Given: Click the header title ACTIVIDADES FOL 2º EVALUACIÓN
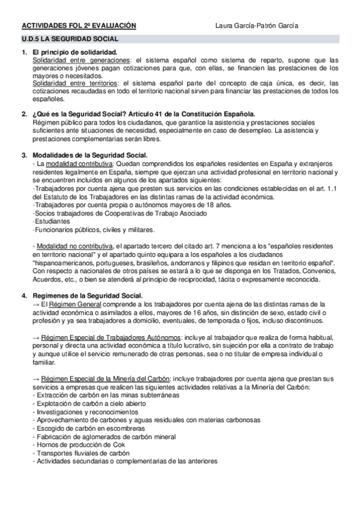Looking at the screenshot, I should click(79, 26).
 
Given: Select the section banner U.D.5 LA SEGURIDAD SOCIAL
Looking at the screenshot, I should click(70, 39).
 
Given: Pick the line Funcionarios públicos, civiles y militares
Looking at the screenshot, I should click(86, 229).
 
